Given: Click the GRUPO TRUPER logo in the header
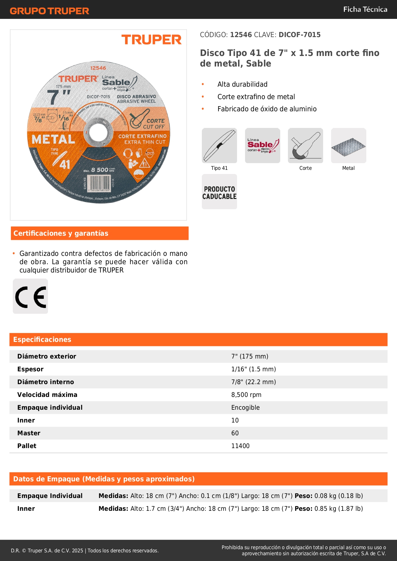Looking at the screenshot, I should coord(49,11).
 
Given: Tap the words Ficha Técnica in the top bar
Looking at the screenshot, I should coord(365,9).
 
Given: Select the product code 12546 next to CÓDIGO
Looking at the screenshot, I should coord(241,35).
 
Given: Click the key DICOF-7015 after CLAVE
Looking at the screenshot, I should coord(299,35).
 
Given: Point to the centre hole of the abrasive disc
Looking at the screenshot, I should coord(98,132).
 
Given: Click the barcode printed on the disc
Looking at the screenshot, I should coord(99,183).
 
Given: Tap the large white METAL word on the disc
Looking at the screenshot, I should coord(53,139).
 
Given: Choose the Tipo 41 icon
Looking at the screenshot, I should coord(219,146).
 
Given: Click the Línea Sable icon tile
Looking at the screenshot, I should coord(263,146).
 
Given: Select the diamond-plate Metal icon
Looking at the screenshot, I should coord(348,146).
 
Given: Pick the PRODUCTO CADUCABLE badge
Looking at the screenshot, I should coord(219,192).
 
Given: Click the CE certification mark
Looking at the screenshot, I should coord(30,296).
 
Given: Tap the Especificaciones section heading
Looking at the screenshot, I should coord(42,339).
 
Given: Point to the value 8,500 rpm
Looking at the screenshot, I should coord(246,395).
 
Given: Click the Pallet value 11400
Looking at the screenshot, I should coord(240,446).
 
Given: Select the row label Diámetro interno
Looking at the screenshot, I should coord(45,382).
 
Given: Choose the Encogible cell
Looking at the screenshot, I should coord(245,407).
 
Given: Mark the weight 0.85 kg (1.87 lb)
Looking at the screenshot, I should coord(338,509).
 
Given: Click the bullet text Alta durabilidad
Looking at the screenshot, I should coord(242,84).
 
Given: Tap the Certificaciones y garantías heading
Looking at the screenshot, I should coord(61,233).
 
